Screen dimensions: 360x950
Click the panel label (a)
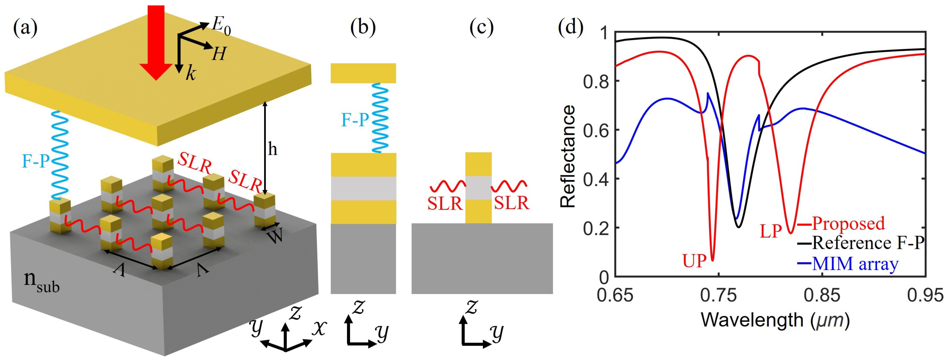pos(25,28)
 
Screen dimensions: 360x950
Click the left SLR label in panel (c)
pos(445,203)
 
